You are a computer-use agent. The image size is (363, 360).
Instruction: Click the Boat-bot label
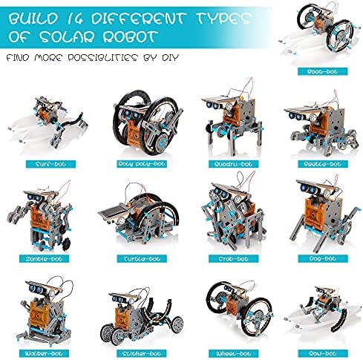click(x=322, y=71)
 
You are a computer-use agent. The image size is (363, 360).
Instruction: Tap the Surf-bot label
click(x=50, y=164)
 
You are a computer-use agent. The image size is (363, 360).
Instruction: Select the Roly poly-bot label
click(x=142, y=164)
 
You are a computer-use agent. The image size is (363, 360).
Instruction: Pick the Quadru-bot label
click(x=233, y=164)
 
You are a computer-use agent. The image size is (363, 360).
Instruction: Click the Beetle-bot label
click(x=322, y=164)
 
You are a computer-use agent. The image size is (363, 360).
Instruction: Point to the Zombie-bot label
click(x=44, y=259)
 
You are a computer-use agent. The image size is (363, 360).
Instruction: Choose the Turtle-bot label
click(x=142, y=259)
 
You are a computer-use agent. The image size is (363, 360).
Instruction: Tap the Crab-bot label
click(x=233, y=259)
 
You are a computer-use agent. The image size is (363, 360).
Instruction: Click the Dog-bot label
click(x=322, y=259)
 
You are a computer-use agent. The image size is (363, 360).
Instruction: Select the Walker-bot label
click(x=44, y=353)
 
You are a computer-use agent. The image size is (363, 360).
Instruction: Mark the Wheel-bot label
click(x=233, y=353)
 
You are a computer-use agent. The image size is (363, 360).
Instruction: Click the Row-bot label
click(x=322, y=353)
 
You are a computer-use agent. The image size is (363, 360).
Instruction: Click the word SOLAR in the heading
click(x=68, y=37)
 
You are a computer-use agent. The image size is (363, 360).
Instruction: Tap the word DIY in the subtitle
click(x=170, y=58)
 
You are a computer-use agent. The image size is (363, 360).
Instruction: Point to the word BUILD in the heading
click(x=33, y=19)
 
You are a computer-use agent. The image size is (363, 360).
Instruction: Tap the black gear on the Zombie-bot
click(x=65, y=244)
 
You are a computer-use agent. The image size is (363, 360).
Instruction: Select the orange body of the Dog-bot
click(x=315, y=211)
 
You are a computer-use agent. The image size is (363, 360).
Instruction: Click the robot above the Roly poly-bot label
click(x=148, y=122)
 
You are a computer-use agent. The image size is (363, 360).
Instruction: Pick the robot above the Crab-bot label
click(x=233, y=212)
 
